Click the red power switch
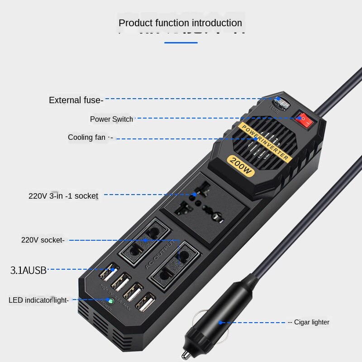tap(304, 120)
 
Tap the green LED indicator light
tap(109, 300)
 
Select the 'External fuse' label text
tap(76, 100)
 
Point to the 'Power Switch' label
tap(111, 119)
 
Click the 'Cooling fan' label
tap(87, 138)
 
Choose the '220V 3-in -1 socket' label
tap(63, 196)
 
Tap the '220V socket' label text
tap(43, 240)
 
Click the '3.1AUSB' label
tap(29, 271)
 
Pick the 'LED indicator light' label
tap(38, 300)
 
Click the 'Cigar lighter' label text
tap(311, 322)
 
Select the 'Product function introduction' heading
tap(180, 23)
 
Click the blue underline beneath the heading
tap(181, 43)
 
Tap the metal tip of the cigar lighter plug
tap(185, 352)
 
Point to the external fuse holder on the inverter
tap(281, 105)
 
